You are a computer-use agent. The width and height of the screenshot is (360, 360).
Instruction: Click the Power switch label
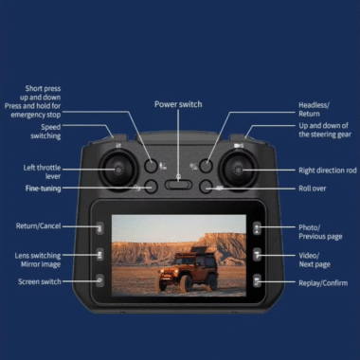point(178,104)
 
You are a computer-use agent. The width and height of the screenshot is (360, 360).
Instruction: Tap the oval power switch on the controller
point(178,185)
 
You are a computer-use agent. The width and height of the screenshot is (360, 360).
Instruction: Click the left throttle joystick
point(118,171)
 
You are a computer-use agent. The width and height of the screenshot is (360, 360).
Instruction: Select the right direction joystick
point(238,171)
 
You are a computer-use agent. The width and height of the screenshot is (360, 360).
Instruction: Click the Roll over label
point(313,189)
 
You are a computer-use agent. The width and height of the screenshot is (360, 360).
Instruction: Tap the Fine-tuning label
point(43,189)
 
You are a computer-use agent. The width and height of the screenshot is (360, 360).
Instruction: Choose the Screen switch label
point(40,281)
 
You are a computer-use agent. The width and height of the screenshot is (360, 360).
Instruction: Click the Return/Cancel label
point(38,226)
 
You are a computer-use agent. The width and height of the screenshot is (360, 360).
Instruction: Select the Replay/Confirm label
point(323,283)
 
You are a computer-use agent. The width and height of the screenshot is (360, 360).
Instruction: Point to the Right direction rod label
point(328,171)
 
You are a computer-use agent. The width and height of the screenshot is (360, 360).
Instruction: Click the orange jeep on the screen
point(189,269)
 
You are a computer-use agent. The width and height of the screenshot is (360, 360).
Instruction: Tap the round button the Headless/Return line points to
point(206,166)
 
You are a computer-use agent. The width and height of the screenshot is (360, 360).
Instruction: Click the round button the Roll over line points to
point(206,187)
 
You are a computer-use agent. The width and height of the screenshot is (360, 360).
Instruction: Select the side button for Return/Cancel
point(99,228)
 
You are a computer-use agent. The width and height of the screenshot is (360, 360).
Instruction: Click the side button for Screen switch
point(99,280)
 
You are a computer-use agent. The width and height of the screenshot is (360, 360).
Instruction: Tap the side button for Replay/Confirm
point(257,280)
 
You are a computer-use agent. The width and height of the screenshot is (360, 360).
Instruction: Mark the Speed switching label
point(45,132)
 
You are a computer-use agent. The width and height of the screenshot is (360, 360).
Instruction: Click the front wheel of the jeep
point(185,283)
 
